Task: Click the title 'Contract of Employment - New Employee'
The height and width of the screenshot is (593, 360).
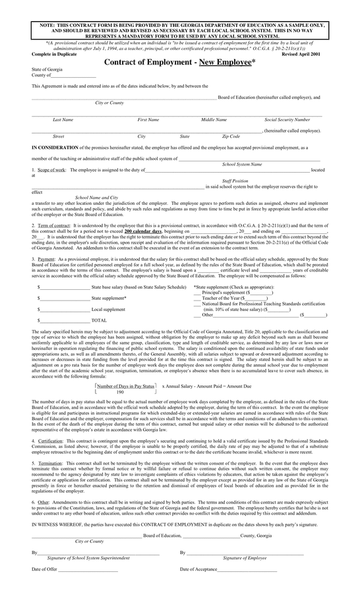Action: [179, 61]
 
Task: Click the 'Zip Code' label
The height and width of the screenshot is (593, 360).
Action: [231, 136]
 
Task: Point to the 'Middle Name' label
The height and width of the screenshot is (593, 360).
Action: [214, 120]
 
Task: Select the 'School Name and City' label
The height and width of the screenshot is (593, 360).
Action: [96, 198]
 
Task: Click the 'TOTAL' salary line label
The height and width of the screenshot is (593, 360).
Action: [99, 320]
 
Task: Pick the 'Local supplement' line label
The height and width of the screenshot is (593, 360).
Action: [108, 308]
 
